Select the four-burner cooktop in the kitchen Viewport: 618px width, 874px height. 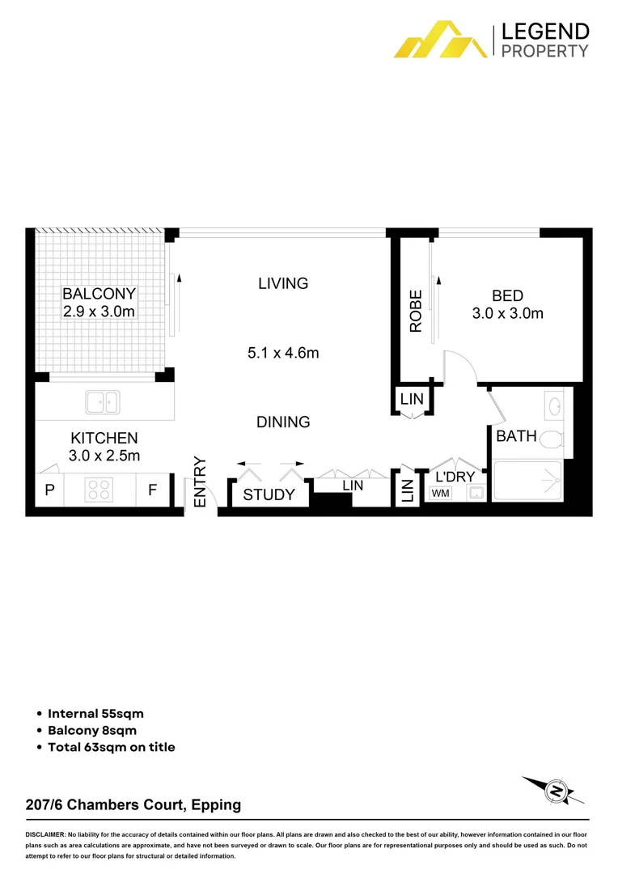point(99,490)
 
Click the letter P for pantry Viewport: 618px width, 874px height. point(49,490)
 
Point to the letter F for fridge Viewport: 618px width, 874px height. point(151,490)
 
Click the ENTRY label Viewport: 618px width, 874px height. point(200,483)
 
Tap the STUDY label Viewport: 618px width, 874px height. point(269,494)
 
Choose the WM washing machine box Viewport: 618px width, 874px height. point(441,493)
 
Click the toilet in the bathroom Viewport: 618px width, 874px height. point(551,439)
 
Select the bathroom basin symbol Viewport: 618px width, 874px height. point(556,404)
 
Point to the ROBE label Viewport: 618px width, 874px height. point(416,312)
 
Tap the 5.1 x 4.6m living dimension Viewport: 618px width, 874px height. point(283,353)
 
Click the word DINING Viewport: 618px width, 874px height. point(283,422)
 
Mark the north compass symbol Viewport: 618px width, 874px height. point(555,789)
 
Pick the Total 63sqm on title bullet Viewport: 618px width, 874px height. point(111,747)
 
